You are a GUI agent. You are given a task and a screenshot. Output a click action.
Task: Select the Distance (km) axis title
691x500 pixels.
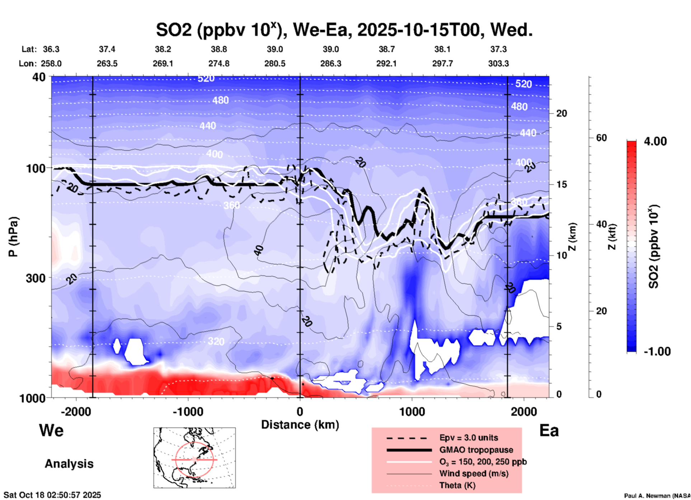pos(300,425)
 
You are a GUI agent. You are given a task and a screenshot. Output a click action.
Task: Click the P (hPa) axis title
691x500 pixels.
pos(13,237)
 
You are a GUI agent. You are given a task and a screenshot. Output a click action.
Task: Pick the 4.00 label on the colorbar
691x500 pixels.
pos(655,141)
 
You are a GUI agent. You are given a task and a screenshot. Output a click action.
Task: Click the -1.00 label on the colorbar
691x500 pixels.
pos(657,352)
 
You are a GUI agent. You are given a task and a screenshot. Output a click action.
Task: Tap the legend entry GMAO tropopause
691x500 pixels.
pos(476,450)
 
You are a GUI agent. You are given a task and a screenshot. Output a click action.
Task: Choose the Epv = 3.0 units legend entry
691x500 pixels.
pos(469,438)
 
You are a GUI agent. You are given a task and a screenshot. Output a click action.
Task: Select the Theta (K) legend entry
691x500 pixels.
pos(457,485)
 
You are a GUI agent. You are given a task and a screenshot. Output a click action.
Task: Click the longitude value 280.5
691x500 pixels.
pos(275,63)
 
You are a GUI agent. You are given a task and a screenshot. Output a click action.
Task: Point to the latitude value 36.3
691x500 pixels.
pos(51,49)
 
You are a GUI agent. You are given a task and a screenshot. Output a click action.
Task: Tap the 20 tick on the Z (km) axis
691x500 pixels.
pos(561,114)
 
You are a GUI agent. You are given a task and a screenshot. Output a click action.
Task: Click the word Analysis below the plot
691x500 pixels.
pos(69,464)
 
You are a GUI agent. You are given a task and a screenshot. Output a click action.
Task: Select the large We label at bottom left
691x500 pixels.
pos(51,430)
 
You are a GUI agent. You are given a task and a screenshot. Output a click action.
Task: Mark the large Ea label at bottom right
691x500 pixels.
pos(549,430)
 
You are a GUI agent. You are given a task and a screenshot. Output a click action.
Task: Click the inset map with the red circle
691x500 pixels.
pos(194,458)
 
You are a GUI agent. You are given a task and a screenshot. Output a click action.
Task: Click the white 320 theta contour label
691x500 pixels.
pos(216,341)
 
